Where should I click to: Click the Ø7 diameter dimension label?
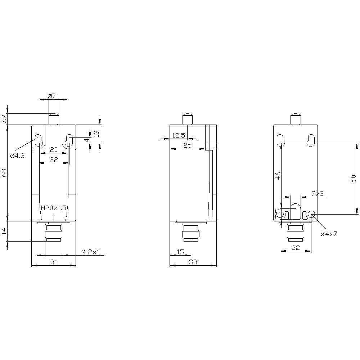[51, 96]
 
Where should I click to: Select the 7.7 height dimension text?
[4, 119]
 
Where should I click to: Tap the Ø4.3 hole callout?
[17, 156]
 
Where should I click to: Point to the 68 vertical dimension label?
[4, 173]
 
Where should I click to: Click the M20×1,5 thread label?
[53, 208]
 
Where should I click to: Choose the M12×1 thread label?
[90, 252]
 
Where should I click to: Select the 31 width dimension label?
[54, 262]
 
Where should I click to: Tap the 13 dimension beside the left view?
[96, 134]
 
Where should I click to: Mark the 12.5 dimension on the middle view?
[179, 135]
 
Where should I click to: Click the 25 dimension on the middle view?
[187, 145]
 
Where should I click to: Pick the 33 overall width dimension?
[193, 262]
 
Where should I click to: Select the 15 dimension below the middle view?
[180, 252]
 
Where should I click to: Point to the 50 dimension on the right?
[353, 178]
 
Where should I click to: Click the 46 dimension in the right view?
[278, 175]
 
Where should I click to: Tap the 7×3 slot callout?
[318, 194]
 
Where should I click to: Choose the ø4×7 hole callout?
[328, 234]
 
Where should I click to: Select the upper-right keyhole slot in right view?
[310, 141]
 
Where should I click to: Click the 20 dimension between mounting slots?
[54, 149]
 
